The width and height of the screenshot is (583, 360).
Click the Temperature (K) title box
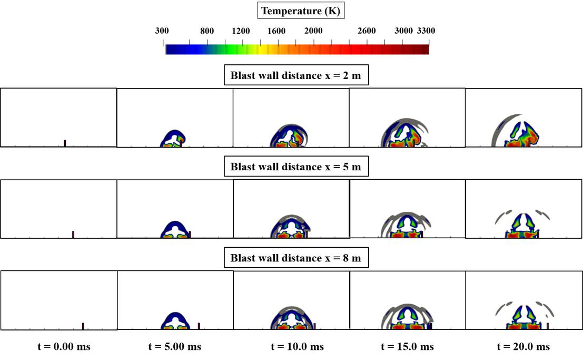[301, 11]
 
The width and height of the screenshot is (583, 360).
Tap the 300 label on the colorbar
[162, 31]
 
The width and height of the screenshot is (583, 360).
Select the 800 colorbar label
[207, 31]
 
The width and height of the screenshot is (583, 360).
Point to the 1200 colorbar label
[241, 31]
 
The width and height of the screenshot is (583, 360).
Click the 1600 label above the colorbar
[276, 31]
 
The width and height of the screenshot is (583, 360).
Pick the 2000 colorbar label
[313, 31]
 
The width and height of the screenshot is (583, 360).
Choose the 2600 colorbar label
[367, 31]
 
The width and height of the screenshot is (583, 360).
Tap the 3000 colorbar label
[403, 31]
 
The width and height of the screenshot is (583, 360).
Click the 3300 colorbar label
[426, 31]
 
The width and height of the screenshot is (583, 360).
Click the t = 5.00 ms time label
[174, 346]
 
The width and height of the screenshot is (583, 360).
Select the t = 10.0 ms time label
[297, 346]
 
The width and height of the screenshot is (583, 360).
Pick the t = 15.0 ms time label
[407, 346]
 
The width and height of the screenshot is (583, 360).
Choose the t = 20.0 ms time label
[523, 346]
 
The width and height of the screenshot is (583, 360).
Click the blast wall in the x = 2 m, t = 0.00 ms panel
[65, 143]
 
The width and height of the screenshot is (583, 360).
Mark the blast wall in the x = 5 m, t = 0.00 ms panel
[73, 234]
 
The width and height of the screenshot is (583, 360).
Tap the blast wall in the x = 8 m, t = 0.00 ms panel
[83, 326]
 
